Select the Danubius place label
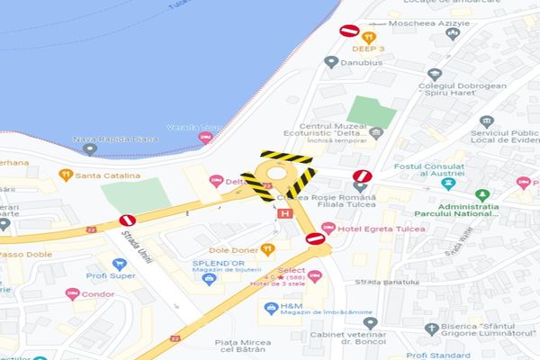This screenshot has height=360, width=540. (x=365, y=63)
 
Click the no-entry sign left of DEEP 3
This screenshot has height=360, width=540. (x=349, y=31)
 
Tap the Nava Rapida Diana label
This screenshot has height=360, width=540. (x=115, y=139)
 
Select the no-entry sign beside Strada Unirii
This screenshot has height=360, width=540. (x=128, y=220)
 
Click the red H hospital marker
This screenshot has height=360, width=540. (x=285, y=213)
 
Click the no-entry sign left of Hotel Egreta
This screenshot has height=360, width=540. (x=315, y=238)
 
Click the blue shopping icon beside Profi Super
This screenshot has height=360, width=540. (x=118, y=265)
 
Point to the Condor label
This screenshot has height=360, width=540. (x=97, y=294)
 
